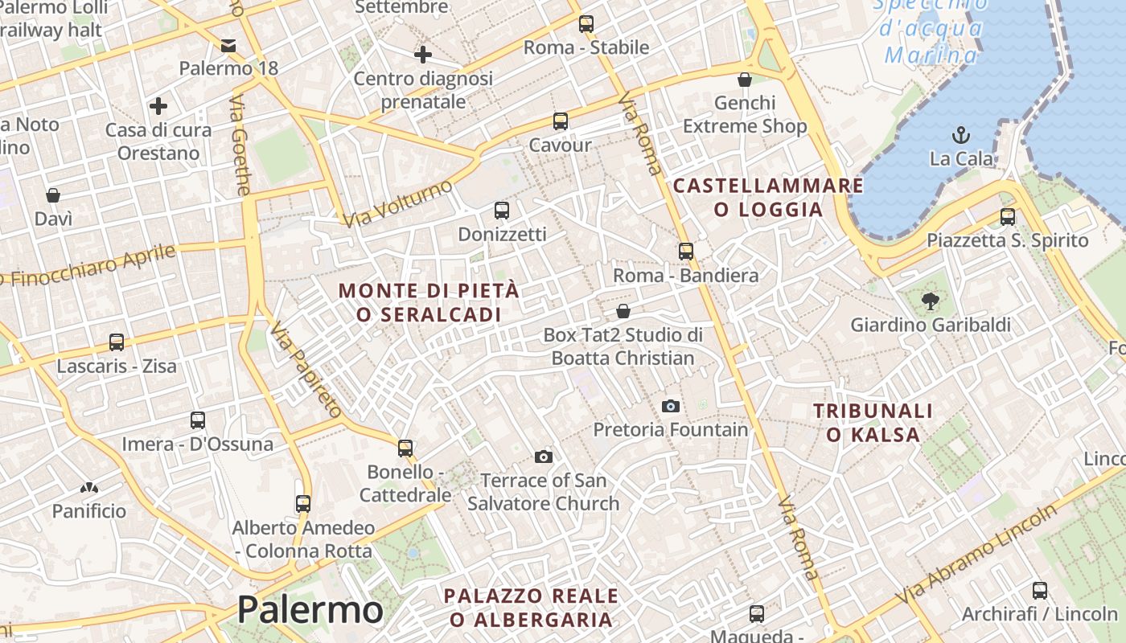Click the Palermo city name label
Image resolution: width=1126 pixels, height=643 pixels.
point(310,610)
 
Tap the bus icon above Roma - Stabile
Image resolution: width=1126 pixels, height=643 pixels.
point(586,24)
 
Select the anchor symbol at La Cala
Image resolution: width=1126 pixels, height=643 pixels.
point(960,135)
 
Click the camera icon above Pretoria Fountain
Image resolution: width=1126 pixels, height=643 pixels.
point(670,407)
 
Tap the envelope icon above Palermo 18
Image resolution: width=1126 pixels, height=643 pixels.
point(228,45)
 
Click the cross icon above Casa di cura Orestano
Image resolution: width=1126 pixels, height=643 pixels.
point(158,105)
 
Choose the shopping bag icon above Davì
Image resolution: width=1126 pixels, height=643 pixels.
point(53,195)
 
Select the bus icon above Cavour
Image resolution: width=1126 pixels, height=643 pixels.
point(561,121)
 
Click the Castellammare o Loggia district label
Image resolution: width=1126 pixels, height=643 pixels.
point(768,198)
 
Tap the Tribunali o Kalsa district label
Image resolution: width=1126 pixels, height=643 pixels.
point(873,423)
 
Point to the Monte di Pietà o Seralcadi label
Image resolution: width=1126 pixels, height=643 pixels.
point(429,302)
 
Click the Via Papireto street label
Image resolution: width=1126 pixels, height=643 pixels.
point(306,370)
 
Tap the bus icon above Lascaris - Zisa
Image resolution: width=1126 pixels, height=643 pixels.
point(117,342)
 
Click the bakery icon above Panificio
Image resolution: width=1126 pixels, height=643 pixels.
point(88,488)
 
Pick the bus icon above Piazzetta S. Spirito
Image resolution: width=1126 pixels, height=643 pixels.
point(1007,216)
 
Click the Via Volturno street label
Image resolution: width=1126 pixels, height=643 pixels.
point(397,204)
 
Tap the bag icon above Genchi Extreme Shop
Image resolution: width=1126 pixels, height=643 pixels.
point(745,80)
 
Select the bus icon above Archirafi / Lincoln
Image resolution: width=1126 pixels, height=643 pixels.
point(1040,591)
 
